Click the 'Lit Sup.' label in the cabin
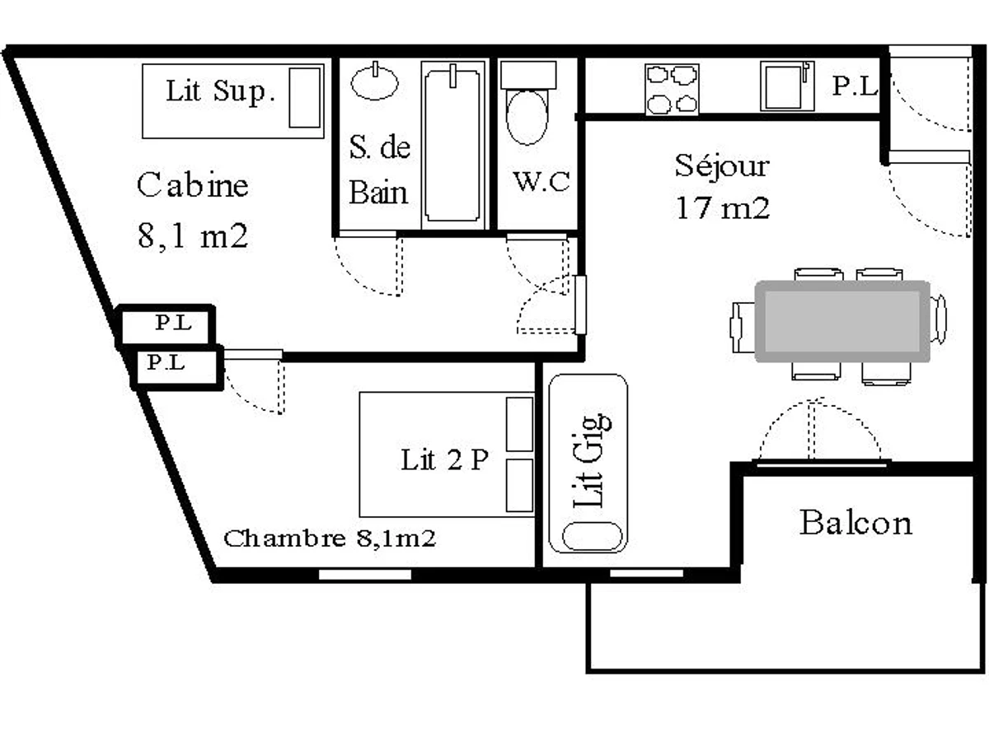(x=218, y=91)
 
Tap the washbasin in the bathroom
(x=375, y=82)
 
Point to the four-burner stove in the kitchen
(x=672, y=89)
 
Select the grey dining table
(x=842, y=321)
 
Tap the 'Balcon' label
(x=855, y=522)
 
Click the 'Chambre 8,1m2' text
(x=330, y=539)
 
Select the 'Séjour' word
(x=722, y=165)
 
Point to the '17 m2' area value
(x=722, y=207)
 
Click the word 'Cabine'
(x=192, y=184)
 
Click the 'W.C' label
(x=541, y=181)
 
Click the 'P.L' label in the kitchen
(x=853, y=86)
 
